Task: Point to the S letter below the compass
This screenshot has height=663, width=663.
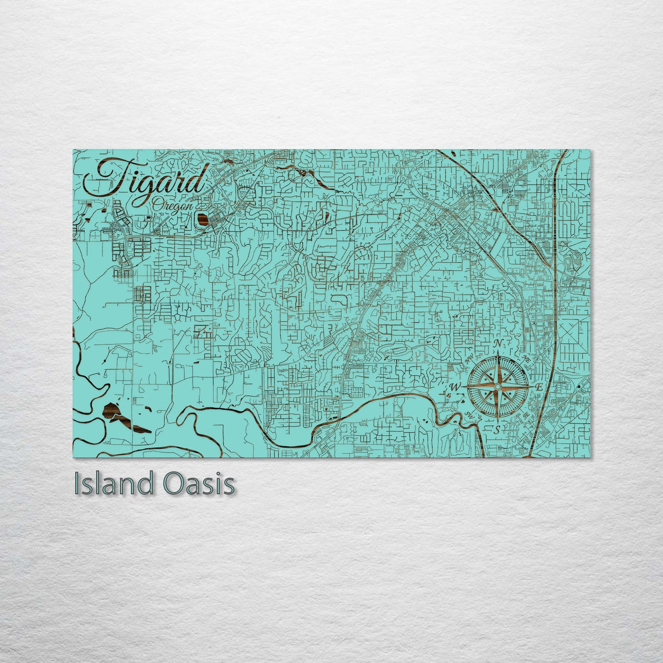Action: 497,429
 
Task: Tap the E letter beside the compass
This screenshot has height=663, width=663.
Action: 539,387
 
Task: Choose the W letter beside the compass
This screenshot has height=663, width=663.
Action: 455,387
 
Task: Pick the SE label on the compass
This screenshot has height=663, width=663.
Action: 526,414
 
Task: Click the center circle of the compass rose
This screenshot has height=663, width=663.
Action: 498,387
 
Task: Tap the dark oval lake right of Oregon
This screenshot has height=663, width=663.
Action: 202,220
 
